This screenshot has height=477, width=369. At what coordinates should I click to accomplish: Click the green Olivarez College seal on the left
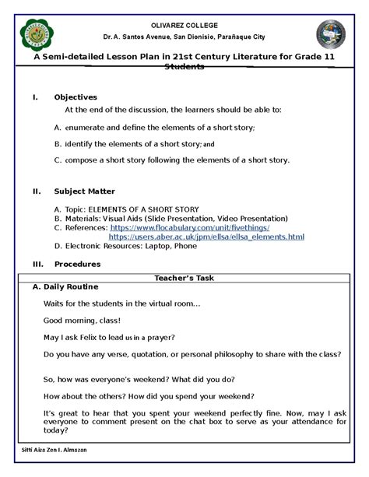tap(36, 37)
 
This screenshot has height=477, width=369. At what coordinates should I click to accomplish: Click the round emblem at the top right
tap(333, 36)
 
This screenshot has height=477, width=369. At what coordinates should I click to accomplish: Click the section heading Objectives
tap(76, 97)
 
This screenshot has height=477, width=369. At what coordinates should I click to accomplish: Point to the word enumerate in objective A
tap(87, 127)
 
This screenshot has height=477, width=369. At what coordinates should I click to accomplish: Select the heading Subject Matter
tap(84, 191)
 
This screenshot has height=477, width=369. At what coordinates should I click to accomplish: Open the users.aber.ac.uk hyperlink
tap(206, 236)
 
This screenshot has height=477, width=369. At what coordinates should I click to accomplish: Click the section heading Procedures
tap(77, 264)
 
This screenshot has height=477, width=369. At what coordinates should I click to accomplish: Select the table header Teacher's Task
tap(184, 277)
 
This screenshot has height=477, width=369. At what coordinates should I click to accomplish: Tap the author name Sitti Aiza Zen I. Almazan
tap(51, 451)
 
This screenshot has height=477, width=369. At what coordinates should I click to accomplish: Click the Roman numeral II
tap(37, 191)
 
